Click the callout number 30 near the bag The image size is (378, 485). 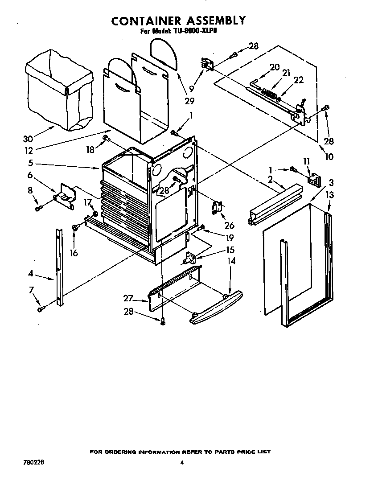coord(28,139)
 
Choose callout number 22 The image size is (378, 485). coord(298,80)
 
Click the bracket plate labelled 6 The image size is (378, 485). coord(66,195)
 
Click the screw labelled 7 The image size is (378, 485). coord(41,308)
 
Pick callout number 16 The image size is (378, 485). coord(74,253)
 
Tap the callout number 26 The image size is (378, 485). coord(230,226)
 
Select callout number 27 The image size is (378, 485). coord(129,298)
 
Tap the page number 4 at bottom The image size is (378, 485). coord(181,462)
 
